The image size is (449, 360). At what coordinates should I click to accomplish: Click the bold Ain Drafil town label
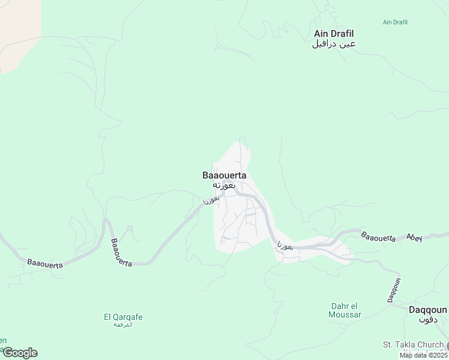click(334, 34)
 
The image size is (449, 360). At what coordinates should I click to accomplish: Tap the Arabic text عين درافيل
click(334, 44)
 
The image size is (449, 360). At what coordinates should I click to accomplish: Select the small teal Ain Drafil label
click(396, 22)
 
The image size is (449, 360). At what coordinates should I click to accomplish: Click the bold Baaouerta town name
click(224, 175)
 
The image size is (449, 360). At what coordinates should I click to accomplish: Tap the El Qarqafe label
click(123, 317)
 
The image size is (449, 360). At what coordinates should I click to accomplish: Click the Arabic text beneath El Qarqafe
click(123, 325)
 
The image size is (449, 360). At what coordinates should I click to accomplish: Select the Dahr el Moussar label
click(346, 310)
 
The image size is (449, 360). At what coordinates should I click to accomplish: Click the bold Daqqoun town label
click(427, 310)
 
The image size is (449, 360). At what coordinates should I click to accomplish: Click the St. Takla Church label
click(413, 344)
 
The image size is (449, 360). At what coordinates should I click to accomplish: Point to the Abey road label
click(414, 237)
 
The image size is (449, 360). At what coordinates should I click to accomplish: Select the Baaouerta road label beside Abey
click(378, 236)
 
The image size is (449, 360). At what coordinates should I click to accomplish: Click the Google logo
click(20, 353)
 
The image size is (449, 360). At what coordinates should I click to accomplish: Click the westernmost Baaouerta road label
click(45, 263)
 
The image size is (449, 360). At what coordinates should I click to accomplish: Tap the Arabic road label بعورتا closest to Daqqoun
click(286, 246)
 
